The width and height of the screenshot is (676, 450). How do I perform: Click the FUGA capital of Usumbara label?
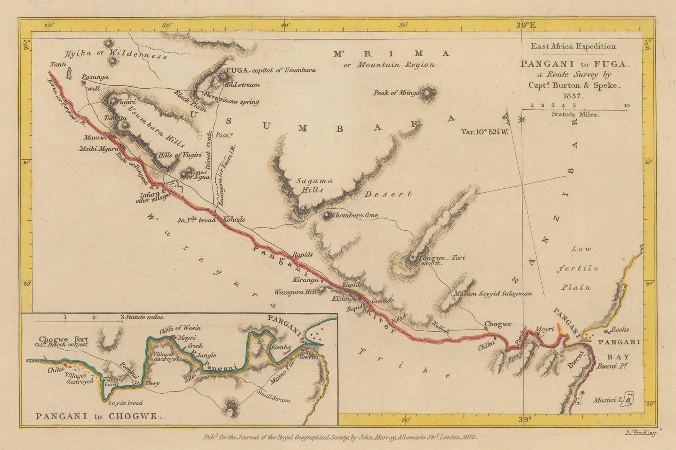click(271, 70)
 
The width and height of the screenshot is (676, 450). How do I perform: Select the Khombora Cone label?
click(355, 215)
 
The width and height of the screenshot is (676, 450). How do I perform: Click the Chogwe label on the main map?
click(498, 324)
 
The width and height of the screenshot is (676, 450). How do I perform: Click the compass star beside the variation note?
click(522, 120)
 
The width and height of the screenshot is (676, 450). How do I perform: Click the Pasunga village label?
click(95, 77)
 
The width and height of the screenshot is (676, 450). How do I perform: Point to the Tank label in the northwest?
click(58, 65)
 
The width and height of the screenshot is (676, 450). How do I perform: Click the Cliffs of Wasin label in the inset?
click(180, 328)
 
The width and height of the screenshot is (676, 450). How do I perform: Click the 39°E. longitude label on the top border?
click(526, 25)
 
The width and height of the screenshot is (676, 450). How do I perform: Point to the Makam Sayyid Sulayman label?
click(493, 294)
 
